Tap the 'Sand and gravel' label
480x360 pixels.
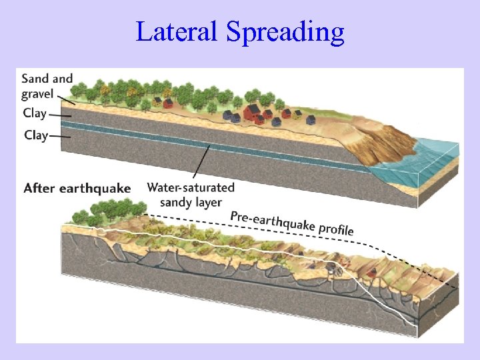click(x=47, y=86)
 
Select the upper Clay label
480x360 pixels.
click(x=35, y=113)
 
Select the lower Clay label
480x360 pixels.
click(x=36, y=135)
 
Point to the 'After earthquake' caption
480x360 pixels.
click(x=77, y=188)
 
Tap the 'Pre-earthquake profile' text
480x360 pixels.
click(x=291, y=223)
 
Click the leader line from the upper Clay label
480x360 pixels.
click(x=61, y=115)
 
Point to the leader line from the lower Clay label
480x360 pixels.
click(x=61, y=137)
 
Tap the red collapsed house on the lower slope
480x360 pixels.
click(x=372, y=271)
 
